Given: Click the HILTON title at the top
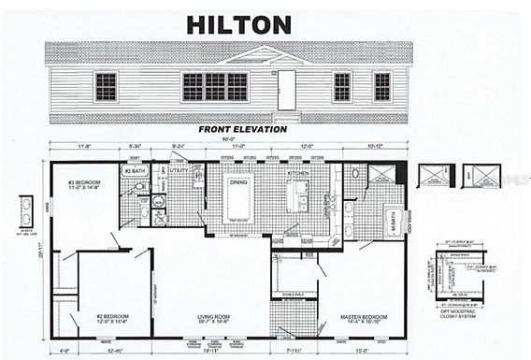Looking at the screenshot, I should pos(237,25).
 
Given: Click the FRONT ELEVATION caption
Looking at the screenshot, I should pos(242,129).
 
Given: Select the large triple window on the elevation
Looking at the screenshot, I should pos(215,87).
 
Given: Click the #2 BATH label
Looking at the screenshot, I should pos(134,172).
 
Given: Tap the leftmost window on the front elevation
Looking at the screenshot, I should pos(106,86).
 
